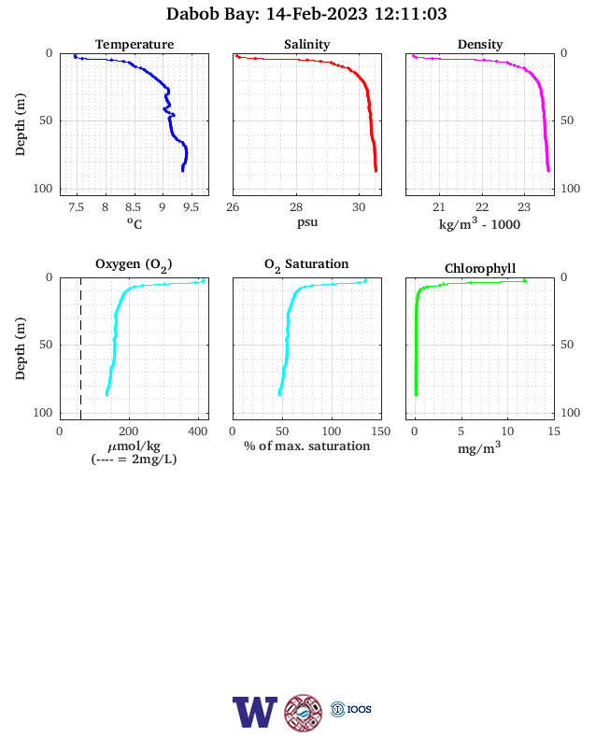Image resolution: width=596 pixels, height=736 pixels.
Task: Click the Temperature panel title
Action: coord(135,45)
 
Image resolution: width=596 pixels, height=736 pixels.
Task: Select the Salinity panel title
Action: coord(307,45)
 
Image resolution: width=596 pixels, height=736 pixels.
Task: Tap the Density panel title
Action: coord(480,45)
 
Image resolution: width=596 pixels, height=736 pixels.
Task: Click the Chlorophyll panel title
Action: coord(480,268)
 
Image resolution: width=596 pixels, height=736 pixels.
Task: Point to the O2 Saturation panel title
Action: coord(306,264)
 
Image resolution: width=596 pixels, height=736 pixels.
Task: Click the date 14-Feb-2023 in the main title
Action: coord(317,14)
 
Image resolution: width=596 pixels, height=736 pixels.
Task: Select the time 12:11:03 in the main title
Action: coord(411,14)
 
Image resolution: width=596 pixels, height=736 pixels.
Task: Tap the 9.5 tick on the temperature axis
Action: coord(191,207)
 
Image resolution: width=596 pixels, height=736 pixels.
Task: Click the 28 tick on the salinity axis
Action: coord(296,207)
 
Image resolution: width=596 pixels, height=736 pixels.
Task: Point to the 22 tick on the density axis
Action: coord(482,207)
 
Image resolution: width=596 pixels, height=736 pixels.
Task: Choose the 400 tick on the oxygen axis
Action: coord(197,432)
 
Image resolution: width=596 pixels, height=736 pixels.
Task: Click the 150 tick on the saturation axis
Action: coord(380,432)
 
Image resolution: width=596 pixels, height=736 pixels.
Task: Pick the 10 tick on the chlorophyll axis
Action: coord(507,432)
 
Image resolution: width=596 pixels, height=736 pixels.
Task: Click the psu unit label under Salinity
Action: coord(307,222)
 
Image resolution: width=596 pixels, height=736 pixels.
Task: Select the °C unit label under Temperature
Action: coord(135,223)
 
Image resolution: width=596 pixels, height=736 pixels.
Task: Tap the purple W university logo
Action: coord(255,712)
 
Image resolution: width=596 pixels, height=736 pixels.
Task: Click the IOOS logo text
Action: coord(359,709)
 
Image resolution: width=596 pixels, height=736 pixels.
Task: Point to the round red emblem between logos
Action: coord(304,713)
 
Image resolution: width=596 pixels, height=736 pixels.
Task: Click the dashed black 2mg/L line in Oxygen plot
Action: coord(80,348)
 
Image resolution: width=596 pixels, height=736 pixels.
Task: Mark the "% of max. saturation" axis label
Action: coord(307,446)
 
